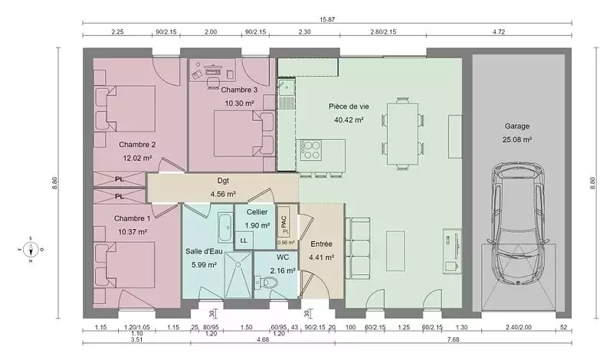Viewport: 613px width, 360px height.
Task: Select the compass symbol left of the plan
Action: (x=31, y=250)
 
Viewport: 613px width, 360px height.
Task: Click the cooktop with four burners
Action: (x=310, y=150)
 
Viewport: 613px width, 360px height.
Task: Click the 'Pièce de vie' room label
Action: (x=349, y=106)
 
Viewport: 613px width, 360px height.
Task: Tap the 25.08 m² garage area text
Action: (x=517, y=139)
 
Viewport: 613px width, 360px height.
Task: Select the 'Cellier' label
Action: (x=257, y=212)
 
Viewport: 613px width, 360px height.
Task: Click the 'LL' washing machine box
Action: (x=244, y=241)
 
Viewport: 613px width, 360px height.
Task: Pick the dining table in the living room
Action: (x=403, y=134)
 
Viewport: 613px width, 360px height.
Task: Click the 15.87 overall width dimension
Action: (x=327, y=19)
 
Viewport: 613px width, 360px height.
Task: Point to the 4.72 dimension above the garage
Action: (x=499, y=32)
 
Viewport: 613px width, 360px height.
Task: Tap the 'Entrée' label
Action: (x=321, y=244)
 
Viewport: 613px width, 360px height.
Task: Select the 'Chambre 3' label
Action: (x=239, y=90)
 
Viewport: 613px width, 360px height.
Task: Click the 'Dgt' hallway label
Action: (x=223, y=181)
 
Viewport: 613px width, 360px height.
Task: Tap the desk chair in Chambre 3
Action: (x=213, y=83)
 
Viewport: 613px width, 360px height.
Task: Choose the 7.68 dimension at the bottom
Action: (x=453, y=339)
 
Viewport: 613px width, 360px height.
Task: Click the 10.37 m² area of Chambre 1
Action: (x=133, y=232)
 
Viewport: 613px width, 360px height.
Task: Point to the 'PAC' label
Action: (x=284, y=222)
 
